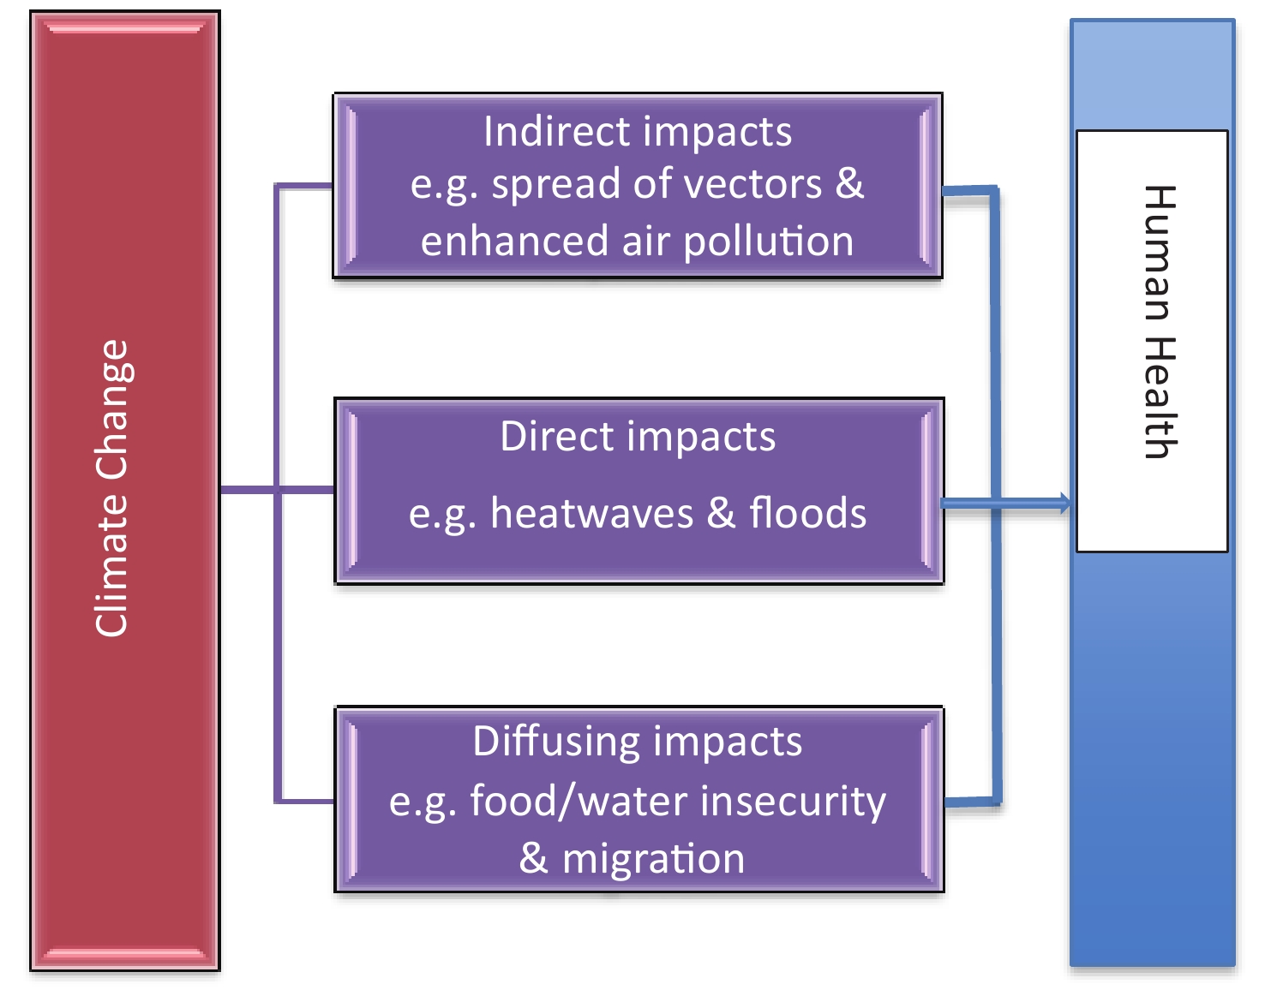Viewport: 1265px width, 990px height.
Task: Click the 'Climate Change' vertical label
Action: [x=111, y=487]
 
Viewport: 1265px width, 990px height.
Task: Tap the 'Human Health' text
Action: [x=1160, y=322]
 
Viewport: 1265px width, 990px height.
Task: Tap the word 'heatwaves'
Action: [x=591, y=514]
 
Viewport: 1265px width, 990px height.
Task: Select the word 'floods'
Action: [x=807, y=512]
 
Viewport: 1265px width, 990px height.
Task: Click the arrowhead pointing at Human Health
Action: [x=1064, y=504]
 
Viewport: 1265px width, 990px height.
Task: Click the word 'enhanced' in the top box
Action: [x=514, y=242]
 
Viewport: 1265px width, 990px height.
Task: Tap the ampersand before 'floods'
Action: [x=721, y=512]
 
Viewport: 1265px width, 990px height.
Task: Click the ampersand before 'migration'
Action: [x=533, y=858]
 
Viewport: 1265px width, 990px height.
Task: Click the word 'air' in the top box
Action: [x=645, y=242]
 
